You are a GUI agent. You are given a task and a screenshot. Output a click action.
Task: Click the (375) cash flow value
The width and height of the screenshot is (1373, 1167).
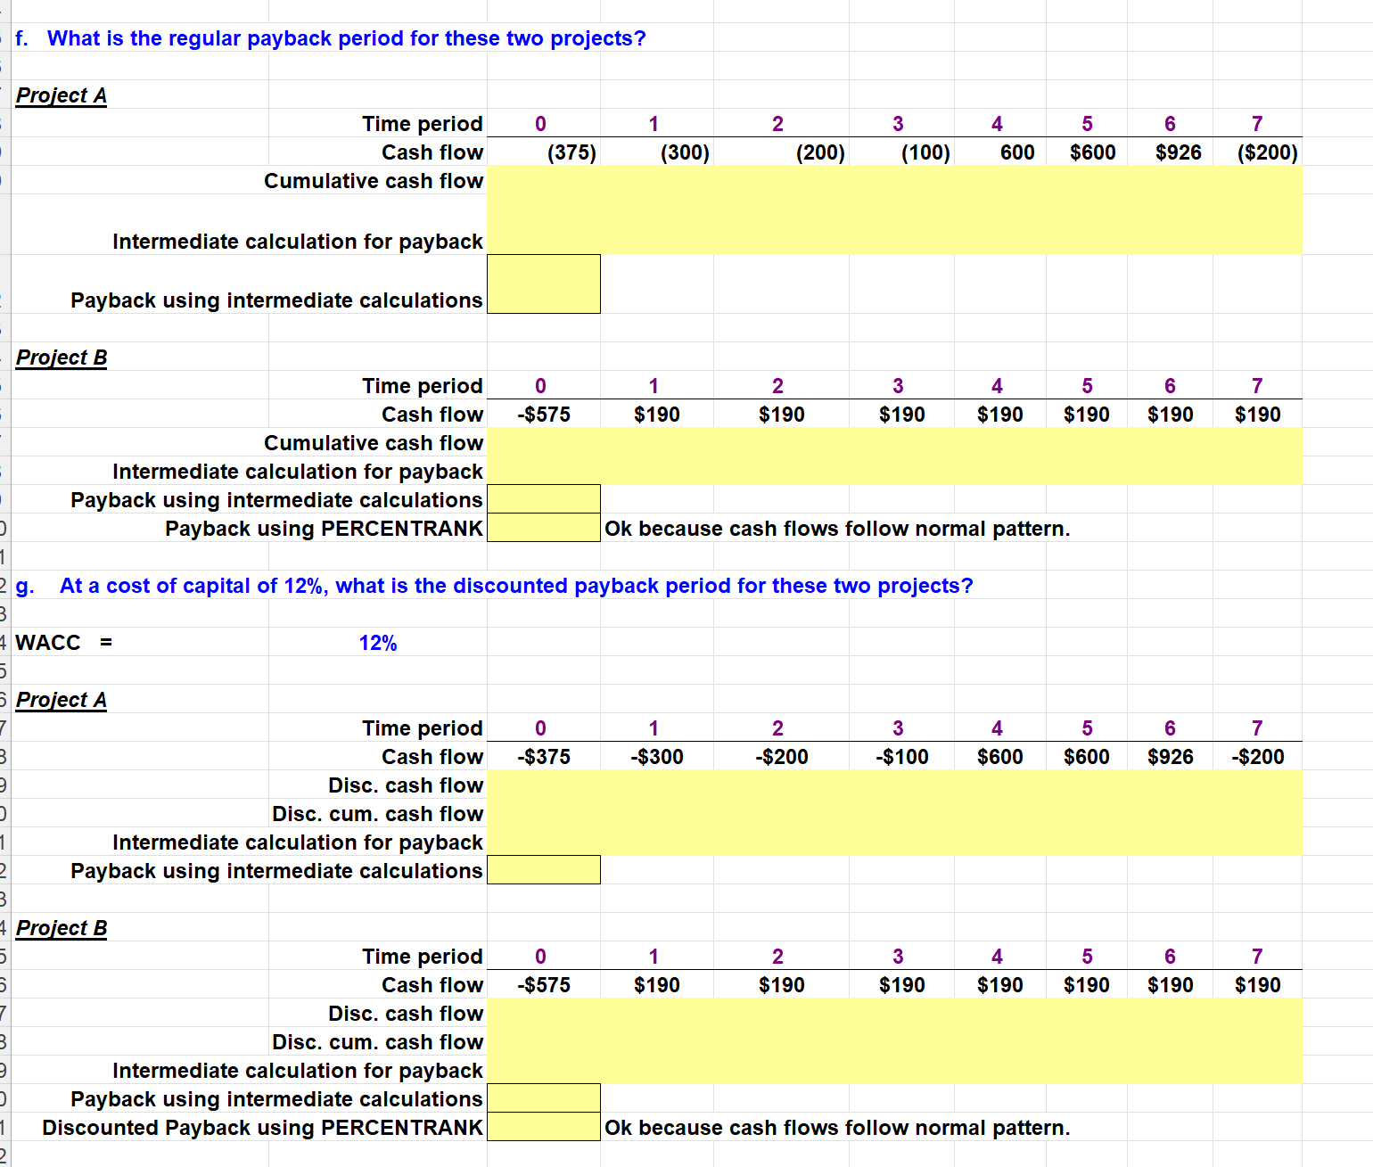[x=571, y=152]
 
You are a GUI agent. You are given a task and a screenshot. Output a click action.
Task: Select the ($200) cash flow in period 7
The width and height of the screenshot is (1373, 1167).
[x=1267, y=152]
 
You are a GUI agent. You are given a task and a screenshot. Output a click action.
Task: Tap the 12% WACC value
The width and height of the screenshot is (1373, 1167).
[x=378, y=643]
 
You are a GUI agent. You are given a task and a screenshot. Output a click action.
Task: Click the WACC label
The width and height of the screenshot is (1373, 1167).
[x=48, y=643]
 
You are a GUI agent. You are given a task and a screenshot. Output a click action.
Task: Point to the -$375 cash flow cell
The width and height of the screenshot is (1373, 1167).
[x=544, y=757]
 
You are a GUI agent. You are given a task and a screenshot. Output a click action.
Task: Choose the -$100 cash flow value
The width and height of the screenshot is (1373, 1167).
[x=901, y=757]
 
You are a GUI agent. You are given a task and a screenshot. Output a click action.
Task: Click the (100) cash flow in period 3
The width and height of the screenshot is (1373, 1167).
[x=925, y=152]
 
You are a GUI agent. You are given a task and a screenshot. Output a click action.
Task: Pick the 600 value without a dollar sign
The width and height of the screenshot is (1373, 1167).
[x=1017, y=152]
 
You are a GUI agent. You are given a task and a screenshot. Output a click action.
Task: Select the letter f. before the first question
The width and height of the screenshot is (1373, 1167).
[x=22, y=38]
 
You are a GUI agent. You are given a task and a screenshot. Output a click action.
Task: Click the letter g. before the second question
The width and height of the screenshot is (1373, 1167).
[x=25, y=586]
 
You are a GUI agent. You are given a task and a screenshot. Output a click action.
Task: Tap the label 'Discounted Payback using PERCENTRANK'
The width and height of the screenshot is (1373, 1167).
[x=262, y=1128]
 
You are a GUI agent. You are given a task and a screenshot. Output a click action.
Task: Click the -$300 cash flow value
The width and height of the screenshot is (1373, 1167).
[x=657, y=757]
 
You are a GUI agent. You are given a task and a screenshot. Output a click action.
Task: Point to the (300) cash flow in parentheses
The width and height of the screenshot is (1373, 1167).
[x=685, y=152]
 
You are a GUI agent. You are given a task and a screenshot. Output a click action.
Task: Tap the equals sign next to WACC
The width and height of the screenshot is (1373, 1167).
[x=106, y=643]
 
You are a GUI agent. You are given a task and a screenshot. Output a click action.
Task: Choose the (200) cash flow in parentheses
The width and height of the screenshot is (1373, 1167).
[x=820, y=152]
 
